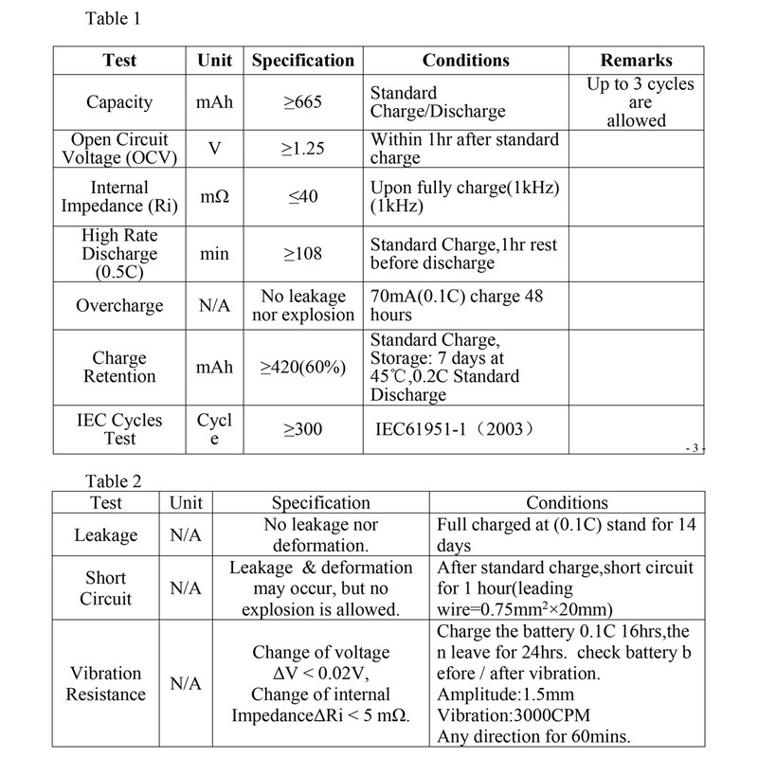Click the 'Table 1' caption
pyautogui.click(x=113, y=19)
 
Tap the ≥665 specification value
pyautogui.click(x=303, y=102)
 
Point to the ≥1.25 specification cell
pyautogui.click(x=303, y=148)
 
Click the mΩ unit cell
pyautogui.click(x=214, y=197)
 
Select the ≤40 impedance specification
pyautogui.click(x=303, y=197)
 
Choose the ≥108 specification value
pyautogui.click(x=303, y=253)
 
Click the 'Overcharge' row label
pyautogui.click(x=119, y=306)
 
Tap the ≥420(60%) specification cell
pyautogui.click(x=303, y=368)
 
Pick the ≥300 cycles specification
pyautogui.click(x=303, y=429)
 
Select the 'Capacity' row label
pyautogui.click(x=119, y=102)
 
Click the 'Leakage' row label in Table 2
pyautogui.click(x=106, y=535)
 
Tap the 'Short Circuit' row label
pyautogui.click(x=106, y=587)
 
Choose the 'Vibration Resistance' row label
pyautogui.click(x=106, y=682)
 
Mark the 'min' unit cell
pyautogui.click(x=214, y=253)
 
